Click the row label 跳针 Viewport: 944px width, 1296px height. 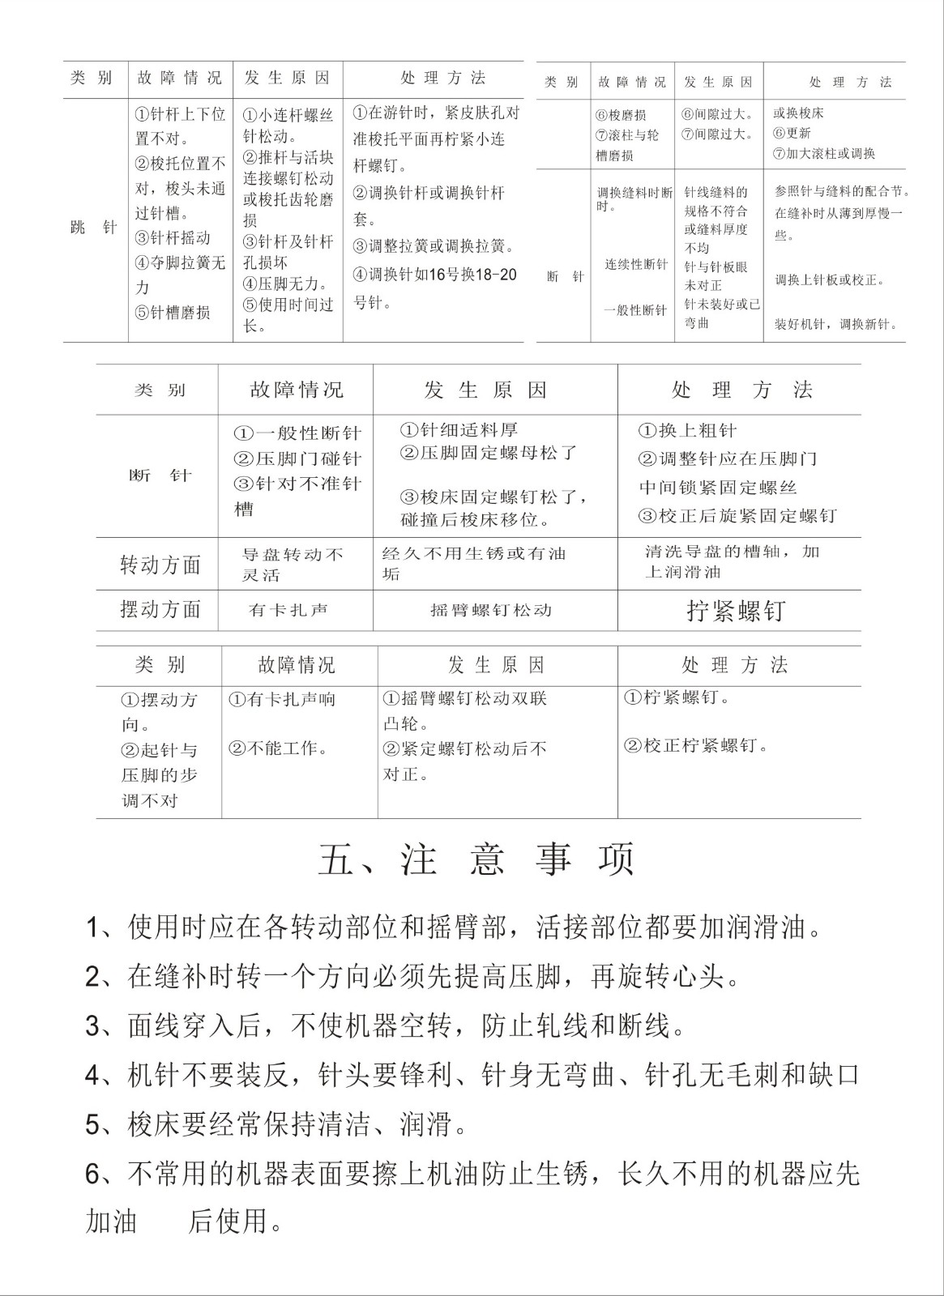(94, 228)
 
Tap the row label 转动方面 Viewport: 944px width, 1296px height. (160, 565)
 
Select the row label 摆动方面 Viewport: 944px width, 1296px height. (160, 609)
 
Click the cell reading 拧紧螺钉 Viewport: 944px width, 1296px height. (736, 611)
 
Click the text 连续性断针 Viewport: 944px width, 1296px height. (636, 265)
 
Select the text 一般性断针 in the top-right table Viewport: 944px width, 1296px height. (636, 310)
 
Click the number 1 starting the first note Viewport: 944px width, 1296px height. (92, 928)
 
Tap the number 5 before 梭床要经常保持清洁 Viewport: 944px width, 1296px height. (92, 1124)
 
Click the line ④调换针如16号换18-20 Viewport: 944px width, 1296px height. (435, 275)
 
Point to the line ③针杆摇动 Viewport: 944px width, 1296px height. (173, 238)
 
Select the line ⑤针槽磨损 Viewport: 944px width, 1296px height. (173, 313)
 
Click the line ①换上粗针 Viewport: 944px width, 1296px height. (687, 431)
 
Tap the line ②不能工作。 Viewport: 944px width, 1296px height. (279, 748)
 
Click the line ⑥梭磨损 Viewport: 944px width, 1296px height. (621, 115)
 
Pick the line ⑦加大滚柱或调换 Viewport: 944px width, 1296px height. (823, 153)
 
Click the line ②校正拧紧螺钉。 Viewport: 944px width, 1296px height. (695, 745)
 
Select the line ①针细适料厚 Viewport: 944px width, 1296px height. (459, 430)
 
